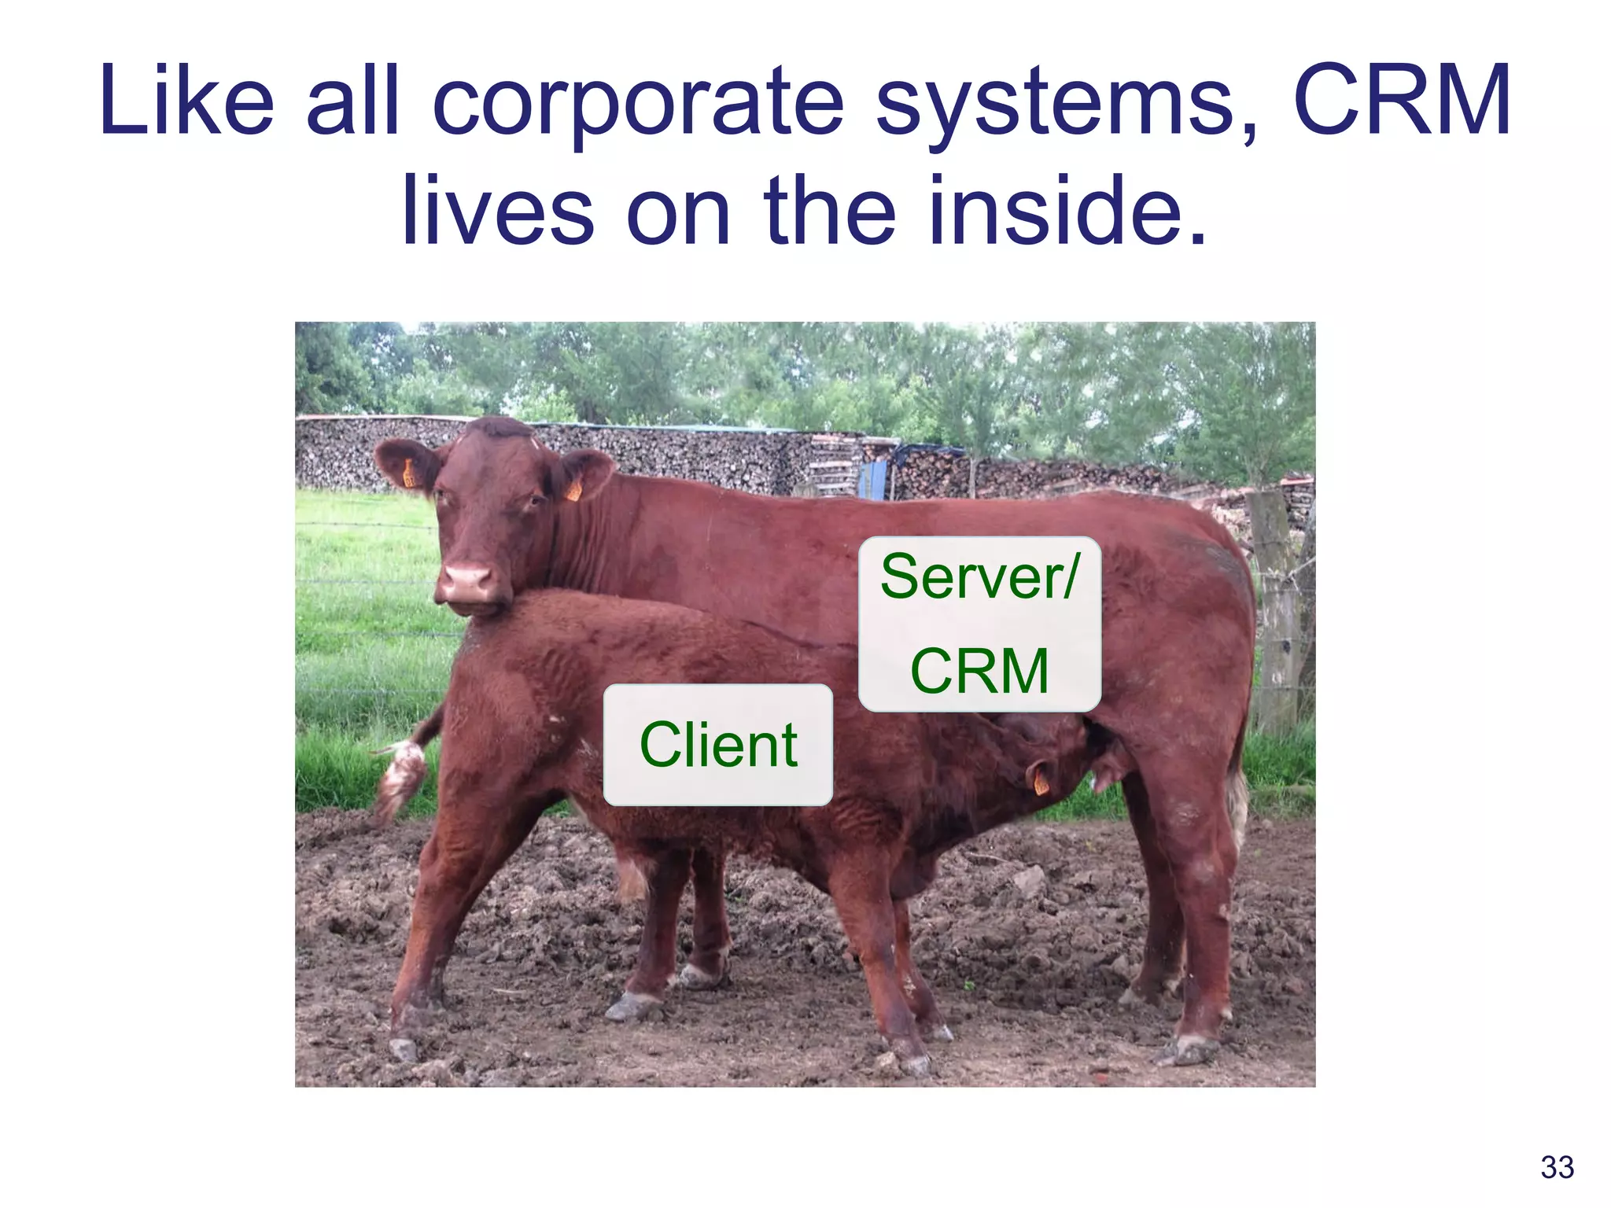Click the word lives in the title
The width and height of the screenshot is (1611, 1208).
(x=497, y=211)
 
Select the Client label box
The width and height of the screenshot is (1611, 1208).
(x=717, y=744)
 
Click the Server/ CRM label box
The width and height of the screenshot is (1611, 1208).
(x=979, y=624)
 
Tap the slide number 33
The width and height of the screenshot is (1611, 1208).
(x=1557, y=1167)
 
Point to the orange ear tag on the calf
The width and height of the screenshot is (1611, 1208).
(x=1040, y=782)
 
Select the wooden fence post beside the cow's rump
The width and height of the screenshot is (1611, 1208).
(x=1276, y=613)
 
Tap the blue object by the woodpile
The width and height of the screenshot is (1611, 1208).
(x=874, y=479)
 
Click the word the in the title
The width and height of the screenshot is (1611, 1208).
(x=830, y=211)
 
